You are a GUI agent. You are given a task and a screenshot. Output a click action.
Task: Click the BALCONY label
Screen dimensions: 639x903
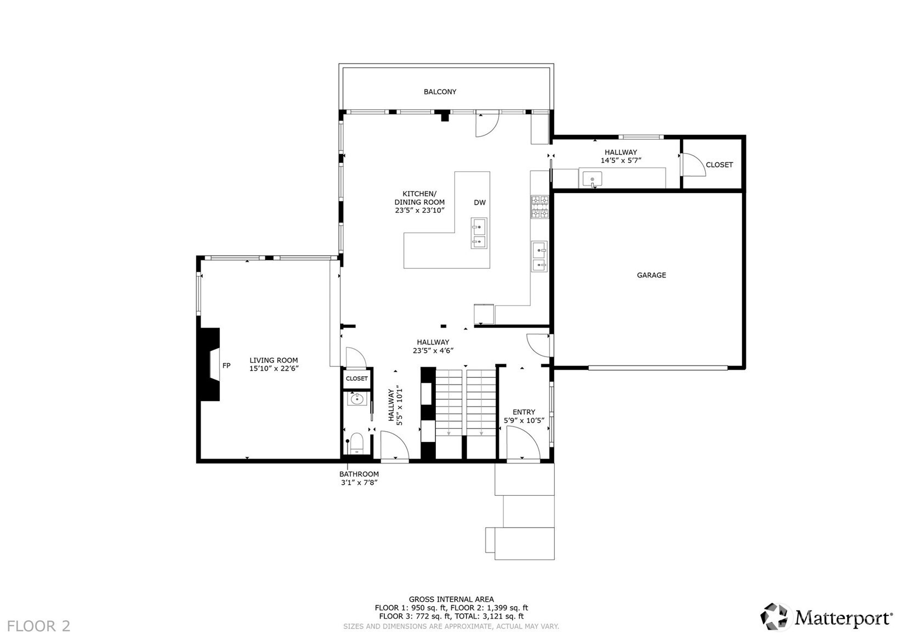(440, 92)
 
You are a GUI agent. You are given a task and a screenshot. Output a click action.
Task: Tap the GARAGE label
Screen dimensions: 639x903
(651, 275)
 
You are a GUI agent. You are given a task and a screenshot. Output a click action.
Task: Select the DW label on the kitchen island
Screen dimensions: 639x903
(480, 202)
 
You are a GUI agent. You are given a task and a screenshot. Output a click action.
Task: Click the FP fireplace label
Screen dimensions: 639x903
(226, 365)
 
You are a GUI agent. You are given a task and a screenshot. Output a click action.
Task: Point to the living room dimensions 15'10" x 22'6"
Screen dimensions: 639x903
(274, 369)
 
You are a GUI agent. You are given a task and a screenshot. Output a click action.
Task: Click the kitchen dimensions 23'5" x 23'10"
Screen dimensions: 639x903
(419, 210)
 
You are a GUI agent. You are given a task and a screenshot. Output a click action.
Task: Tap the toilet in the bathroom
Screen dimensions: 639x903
(357, 442)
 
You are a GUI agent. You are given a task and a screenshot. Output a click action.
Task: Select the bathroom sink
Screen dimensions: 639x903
(357, 399)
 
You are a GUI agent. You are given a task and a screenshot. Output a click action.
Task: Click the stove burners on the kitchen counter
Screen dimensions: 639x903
(539, 207)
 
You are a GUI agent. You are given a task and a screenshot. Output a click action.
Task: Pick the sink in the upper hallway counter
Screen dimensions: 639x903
(592, 179)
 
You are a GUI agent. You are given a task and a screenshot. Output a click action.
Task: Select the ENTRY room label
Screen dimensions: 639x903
(524, 412)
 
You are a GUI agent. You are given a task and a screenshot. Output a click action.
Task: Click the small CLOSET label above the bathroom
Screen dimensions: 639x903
(357, 378)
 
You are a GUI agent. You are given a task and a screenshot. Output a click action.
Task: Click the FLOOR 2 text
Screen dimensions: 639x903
(39, 626)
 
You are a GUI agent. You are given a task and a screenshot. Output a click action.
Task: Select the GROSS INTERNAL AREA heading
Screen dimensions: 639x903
(451, 600)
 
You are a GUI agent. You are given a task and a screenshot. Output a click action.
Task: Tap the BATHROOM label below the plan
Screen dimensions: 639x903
(359, 474)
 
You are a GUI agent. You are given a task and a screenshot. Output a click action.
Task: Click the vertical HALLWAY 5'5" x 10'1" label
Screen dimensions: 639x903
(395, 406)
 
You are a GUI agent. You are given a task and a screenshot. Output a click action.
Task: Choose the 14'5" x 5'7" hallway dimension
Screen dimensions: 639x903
(621, 161)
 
